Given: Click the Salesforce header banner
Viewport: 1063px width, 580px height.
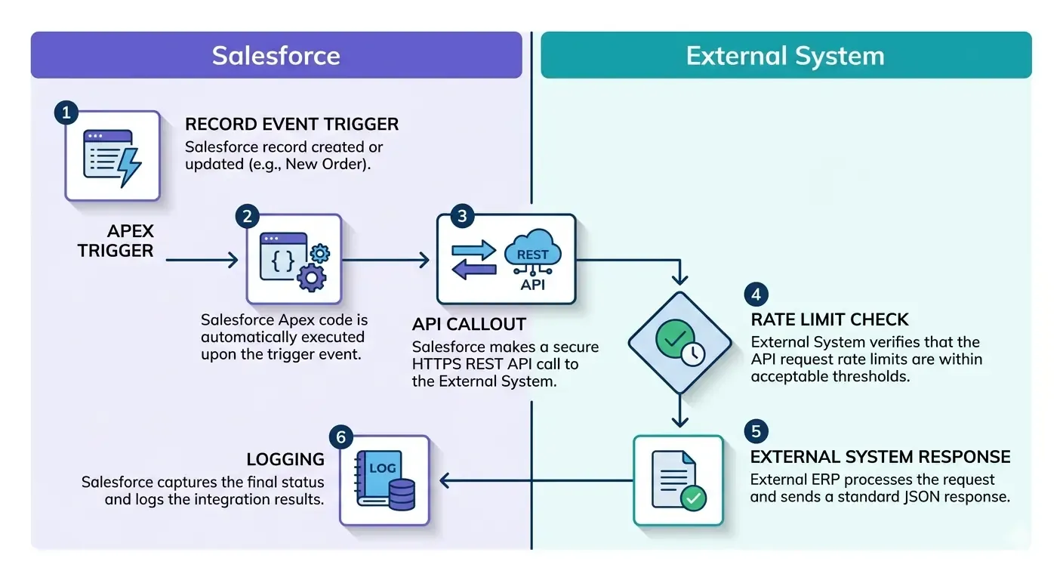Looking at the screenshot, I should [276, 55].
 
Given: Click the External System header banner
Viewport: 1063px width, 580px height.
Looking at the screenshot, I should [785, 55].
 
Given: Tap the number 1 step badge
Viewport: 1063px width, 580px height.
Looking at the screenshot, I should [66, 114].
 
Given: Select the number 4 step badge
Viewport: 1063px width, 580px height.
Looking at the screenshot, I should [756, 294].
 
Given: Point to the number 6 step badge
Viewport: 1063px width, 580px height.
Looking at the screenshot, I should [341, 437].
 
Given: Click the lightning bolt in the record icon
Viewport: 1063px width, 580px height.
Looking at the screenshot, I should [129, 165].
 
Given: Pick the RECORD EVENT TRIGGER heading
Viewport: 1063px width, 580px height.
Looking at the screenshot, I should [291, 124].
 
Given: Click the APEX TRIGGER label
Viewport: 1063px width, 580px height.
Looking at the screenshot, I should [116, 241].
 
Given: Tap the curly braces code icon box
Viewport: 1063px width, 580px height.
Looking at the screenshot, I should [294, 258].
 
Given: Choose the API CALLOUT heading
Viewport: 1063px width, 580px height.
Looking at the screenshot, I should [469, 325].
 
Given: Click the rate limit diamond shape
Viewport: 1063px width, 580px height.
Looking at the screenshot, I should [680, 342].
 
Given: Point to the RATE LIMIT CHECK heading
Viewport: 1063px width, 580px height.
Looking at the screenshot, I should [830, 319].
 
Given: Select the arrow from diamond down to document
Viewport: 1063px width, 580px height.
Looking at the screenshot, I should [680, 412].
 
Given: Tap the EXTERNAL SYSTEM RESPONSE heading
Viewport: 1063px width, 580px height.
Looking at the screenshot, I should [880, 457].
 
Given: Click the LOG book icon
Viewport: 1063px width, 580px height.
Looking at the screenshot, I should [384, 480].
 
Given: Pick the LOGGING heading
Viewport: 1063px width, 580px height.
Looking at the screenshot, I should [285, 459].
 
